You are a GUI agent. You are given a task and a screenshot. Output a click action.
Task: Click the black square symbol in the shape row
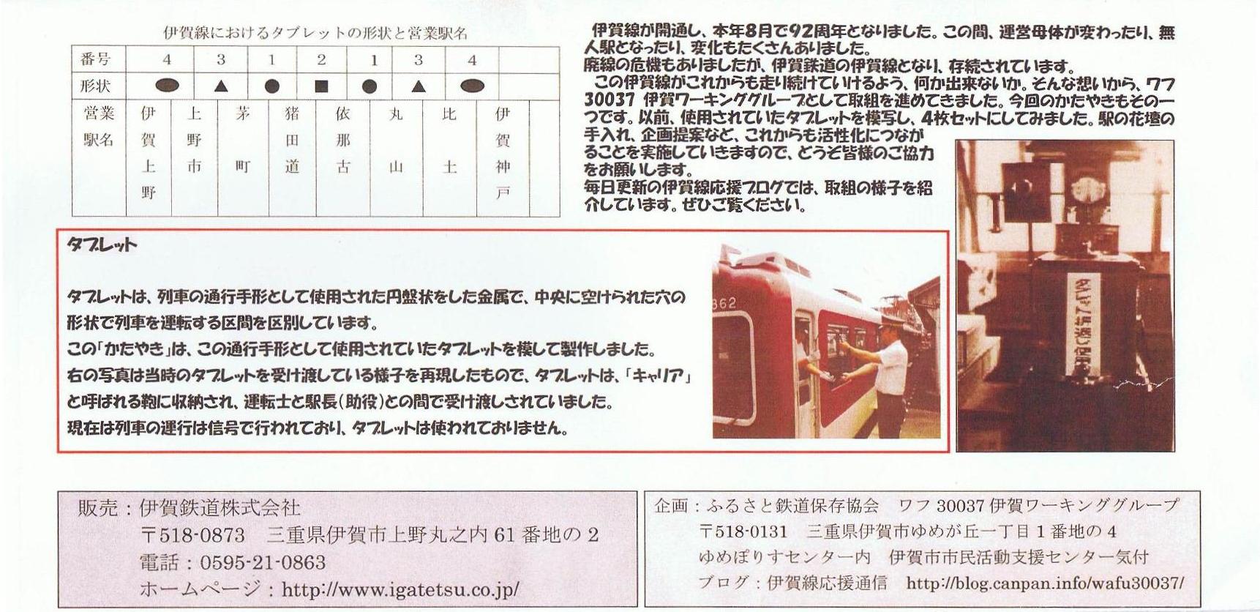coord(320,86)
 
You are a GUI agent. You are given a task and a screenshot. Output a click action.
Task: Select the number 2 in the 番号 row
coord(320,60)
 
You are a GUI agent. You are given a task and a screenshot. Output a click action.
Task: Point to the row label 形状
coord(96,86)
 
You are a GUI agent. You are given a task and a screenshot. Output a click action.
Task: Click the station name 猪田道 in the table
coord(292,141)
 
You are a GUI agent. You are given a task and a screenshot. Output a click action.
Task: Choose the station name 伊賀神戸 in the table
coord(502,153)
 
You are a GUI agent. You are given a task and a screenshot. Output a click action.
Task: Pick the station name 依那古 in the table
coord(342,141)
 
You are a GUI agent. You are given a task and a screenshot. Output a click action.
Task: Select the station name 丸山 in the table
coord(396,141)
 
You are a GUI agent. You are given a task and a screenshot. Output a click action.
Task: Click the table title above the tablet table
coord(315,34)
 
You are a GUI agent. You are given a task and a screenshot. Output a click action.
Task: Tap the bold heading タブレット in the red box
coord(101,245)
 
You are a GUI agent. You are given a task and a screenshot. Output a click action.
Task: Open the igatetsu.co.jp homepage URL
coord(400,589)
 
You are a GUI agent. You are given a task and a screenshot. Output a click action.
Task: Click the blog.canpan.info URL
coord(1045,583)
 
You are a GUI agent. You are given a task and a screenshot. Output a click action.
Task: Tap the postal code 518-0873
coord(192,535)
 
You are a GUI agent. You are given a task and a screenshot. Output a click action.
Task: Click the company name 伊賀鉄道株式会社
coord(220,508)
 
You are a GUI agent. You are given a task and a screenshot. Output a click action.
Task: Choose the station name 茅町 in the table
coord(242,141)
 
